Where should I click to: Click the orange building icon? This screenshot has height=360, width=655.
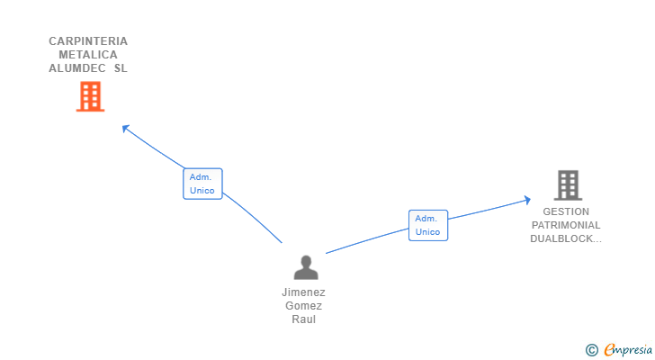point(90,96)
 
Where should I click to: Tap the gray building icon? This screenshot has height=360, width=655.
point(568,184)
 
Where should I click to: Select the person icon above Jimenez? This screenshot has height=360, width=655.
point(306,267)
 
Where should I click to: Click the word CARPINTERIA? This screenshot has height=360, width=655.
point(88,41)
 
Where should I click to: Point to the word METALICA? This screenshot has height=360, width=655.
point(88,55)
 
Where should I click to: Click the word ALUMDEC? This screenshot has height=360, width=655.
point(76,68)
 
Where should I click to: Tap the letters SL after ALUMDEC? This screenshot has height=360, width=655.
point(121,68)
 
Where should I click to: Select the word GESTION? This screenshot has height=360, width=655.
point(566,212)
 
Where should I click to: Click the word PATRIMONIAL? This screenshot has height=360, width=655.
point(566,226)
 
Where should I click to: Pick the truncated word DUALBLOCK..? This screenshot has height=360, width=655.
point(566,239)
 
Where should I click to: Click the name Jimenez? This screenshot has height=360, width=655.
point(304,292)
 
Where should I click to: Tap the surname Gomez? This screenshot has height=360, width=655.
point(304,306)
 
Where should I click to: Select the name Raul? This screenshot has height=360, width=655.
point(304,319)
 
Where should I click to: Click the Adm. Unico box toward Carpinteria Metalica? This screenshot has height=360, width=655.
point(202,184)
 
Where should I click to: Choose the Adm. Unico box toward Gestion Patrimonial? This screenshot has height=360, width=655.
point(428,225)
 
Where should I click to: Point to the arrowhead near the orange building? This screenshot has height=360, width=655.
point(125,128)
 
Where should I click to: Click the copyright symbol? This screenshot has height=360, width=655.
point(592,350)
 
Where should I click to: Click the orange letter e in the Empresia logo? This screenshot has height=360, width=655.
point(609,350)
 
